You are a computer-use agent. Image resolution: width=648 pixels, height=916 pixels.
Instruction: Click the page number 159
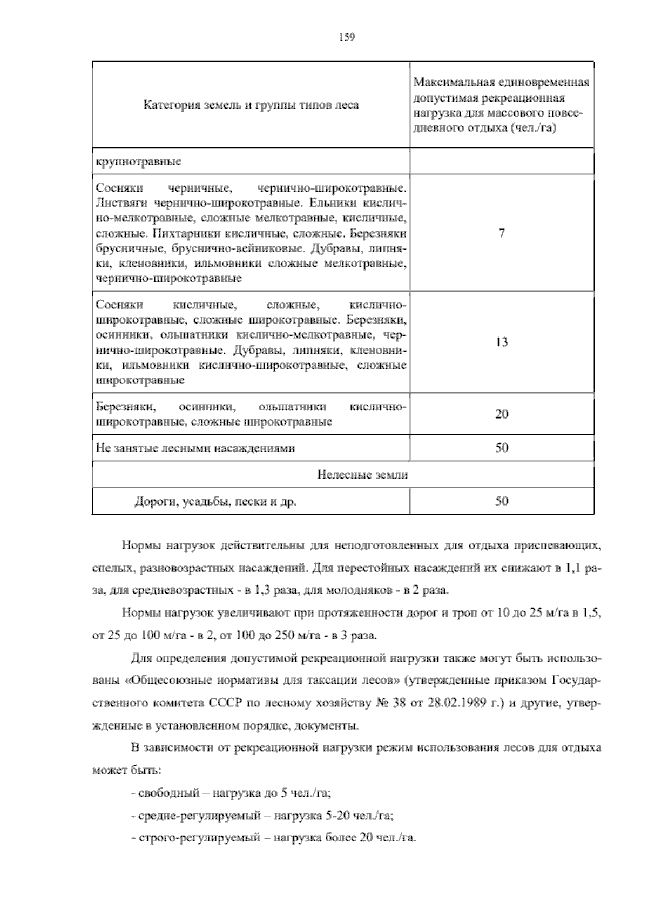pyautogui.click(x=346, y=37)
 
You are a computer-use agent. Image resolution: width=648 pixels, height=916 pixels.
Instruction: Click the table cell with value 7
pyautogui.click(x=502, y=233)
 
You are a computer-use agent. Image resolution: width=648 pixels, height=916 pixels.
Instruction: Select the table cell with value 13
pyautogui.click(x=502, y=342)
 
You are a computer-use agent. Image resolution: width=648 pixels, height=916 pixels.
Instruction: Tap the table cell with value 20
pyautogui.click(x=502, y=414)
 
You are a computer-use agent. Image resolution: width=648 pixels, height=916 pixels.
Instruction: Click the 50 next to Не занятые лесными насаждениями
pyautogui.click(x=502, y=448)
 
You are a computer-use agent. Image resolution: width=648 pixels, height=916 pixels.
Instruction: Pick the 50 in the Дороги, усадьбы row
pyautogui.click(x=502, y=501)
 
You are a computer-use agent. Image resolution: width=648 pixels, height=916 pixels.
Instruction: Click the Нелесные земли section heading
pyautogui.click(x=362, y=475)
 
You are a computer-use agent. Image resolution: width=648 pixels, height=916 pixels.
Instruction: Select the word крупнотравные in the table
pyautogui.click(x=138, y=161)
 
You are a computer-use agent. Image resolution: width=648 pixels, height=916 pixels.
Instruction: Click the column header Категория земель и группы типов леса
pyautogui.click(x=251, y=105)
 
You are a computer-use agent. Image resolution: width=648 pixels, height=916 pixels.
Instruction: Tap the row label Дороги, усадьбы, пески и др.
pyautogui.click(x=215, y=502)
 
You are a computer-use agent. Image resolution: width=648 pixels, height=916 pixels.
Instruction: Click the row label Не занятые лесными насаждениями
pyautogui.click(x=195, y=448)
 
